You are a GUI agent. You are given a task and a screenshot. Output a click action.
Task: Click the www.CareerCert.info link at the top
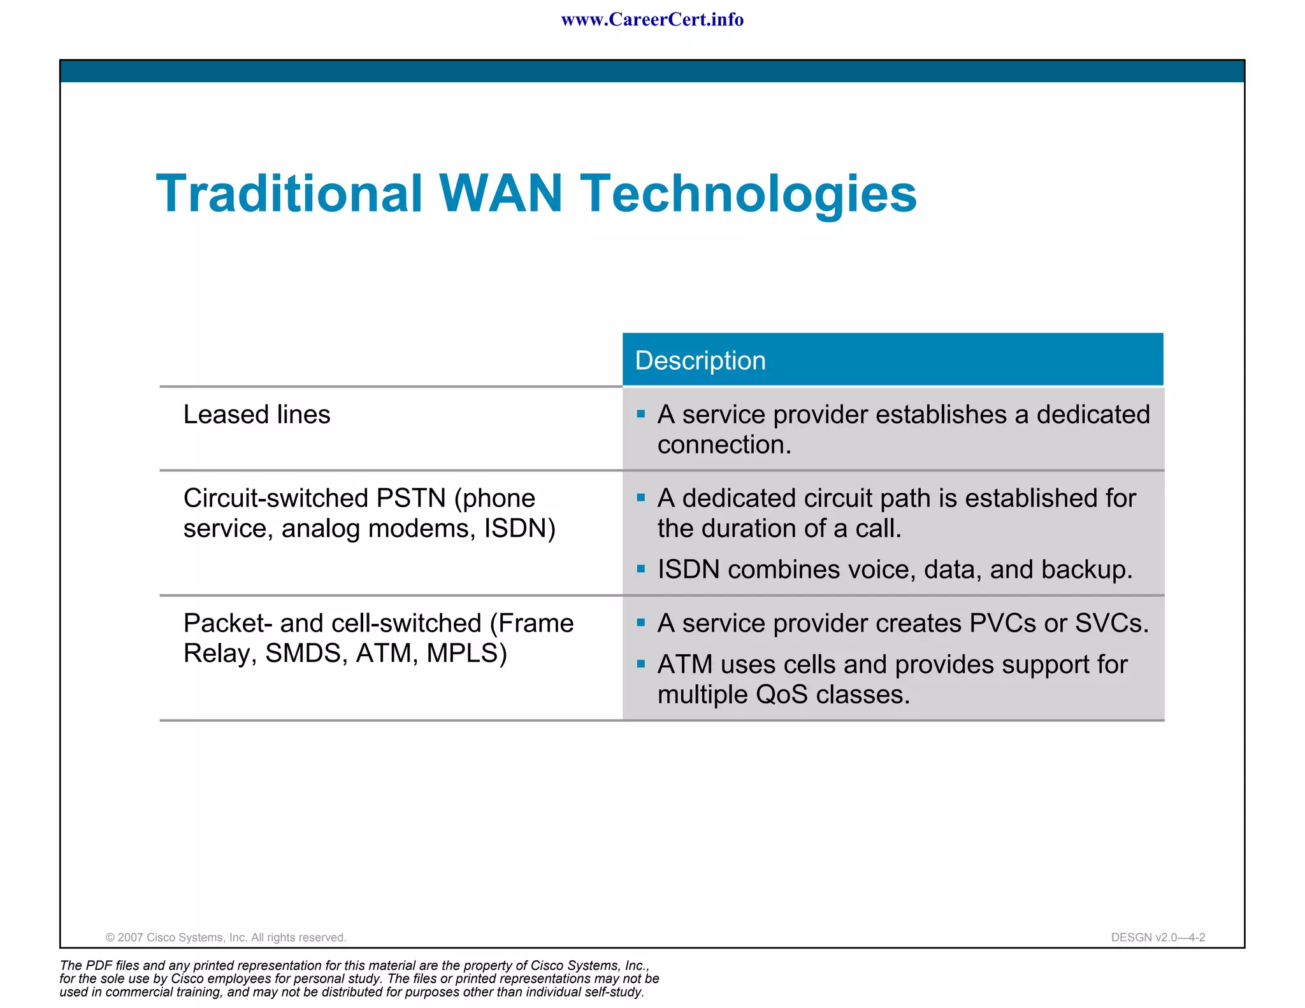tap(652, 20)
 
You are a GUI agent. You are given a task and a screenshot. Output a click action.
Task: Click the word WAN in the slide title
tap(501, 194)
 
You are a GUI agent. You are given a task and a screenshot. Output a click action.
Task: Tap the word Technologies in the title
tap(748, 195)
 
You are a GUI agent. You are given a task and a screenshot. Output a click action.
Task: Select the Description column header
tap(700, 361)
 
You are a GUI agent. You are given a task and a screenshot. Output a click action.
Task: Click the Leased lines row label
tap(257, 415)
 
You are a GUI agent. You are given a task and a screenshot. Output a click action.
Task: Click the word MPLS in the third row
tap(466, 654)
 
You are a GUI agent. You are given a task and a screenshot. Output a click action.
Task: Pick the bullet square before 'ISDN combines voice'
tap(641, 568)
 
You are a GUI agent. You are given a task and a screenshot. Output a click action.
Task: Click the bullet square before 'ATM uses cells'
tap(641, 664)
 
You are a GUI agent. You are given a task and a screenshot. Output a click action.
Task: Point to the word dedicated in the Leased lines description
tap(1093, 415)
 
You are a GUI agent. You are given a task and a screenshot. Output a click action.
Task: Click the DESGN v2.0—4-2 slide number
tap(1158, 937)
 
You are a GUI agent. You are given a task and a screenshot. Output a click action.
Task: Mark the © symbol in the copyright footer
tap(110, 938)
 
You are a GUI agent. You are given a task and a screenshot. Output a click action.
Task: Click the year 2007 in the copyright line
tap(131, 938)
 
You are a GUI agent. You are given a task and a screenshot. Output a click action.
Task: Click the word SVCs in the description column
tap(1111, 623)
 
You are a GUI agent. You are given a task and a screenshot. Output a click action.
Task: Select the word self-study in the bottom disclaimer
tap(616, 992)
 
